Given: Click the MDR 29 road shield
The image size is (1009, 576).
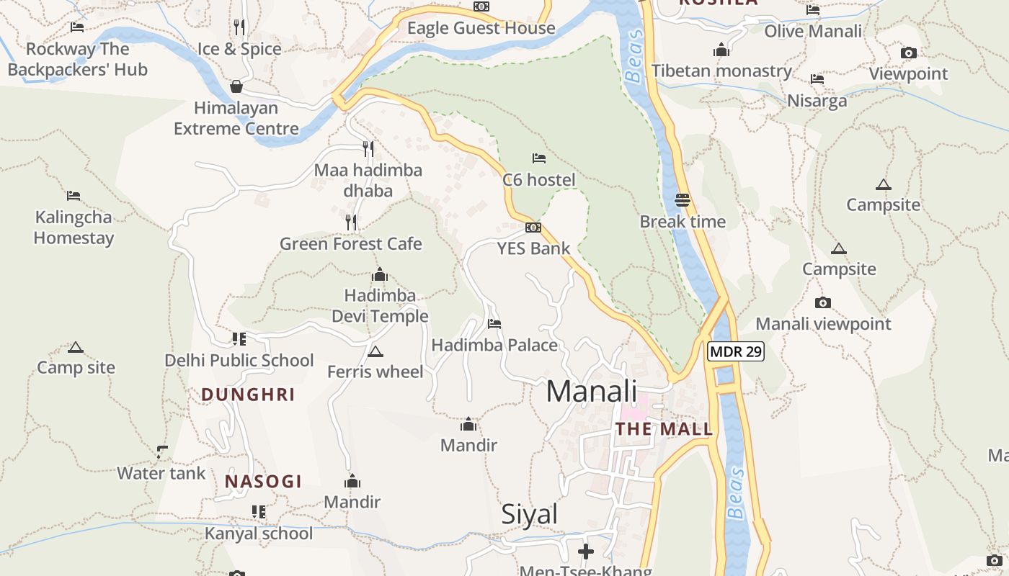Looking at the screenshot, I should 735,352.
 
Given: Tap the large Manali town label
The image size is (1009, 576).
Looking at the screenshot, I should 591,391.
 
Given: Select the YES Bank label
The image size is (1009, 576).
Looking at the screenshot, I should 533,248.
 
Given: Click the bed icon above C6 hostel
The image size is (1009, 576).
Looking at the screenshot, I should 538,158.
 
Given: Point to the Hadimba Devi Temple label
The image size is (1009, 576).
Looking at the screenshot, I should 380,306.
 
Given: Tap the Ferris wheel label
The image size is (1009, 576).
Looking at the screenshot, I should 375,372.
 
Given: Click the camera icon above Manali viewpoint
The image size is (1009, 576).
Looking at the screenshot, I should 822,303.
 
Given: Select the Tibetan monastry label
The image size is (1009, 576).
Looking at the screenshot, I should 721,71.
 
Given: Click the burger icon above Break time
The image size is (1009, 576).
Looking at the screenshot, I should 683,200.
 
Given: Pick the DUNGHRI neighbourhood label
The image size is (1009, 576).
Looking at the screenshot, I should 248,395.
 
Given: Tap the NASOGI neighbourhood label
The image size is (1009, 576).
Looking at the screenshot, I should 263,482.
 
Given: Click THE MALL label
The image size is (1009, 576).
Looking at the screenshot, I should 664,430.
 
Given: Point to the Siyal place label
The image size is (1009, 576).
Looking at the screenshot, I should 530,514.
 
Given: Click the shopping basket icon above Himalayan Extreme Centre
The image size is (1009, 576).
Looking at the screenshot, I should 236,87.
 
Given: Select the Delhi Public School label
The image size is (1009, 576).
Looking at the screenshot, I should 239,360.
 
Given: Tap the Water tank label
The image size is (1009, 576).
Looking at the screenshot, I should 161,473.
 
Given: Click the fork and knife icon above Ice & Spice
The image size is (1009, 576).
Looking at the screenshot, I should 239,27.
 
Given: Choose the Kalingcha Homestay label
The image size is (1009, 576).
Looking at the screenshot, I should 74,228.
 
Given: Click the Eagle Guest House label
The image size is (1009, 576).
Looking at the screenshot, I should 481,28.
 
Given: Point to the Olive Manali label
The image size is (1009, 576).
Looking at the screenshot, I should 813,31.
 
